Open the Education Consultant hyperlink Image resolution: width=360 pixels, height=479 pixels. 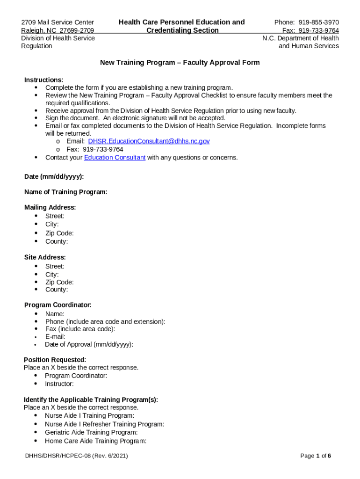[x=115, y=157]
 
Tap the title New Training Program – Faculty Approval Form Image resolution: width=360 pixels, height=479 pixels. [x=180, y=63]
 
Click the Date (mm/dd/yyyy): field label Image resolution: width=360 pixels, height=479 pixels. [x=54, y=176]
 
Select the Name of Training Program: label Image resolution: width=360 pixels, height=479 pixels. [x=66, y=192]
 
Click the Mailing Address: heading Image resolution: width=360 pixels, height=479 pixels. [x=50, y=207]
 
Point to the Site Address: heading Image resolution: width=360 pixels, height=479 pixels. [x=45, y=257]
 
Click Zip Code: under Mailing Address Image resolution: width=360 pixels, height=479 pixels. [x=59, y=233]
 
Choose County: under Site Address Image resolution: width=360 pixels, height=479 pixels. [x=57, y=290]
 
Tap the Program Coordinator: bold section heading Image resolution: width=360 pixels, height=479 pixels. [x=58, y=305]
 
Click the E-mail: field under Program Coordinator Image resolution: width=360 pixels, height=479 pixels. [x=55, y=337]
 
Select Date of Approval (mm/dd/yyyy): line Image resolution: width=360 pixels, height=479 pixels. [x=89, y=344]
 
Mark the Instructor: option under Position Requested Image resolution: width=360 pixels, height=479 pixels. [x=59, y=384]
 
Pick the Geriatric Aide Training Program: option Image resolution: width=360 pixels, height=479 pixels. [x=91, y=432]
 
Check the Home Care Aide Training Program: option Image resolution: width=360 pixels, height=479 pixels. [x=95, y=441]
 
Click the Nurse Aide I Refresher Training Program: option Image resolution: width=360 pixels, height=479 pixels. [x=104, y=424]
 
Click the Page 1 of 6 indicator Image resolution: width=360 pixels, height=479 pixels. [x=316, y=456]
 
